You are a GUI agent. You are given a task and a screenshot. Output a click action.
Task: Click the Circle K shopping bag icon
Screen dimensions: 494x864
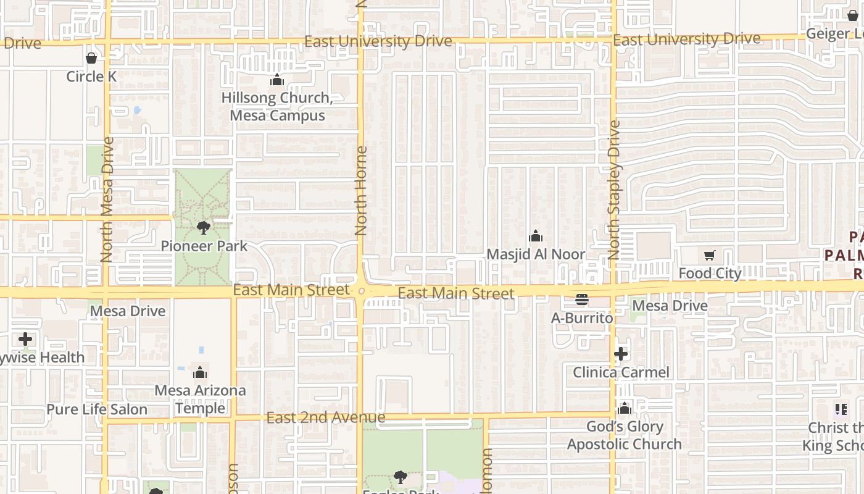tap(91, 58)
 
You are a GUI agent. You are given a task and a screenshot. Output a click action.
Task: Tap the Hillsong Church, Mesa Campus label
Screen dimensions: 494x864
tap(277, 106)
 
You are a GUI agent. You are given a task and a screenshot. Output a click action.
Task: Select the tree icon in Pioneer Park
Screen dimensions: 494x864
tap(203, 228)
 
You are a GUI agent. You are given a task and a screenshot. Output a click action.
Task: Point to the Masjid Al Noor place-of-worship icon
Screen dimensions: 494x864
tap(536, 236)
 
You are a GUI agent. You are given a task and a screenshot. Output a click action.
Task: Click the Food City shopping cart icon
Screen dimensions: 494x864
tap(710, 255)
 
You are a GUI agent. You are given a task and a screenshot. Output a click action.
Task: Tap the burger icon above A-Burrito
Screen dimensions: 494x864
tap(581, 300)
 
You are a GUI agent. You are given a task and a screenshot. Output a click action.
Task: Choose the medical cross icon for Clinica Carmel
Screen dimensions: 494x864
tap(621, 354)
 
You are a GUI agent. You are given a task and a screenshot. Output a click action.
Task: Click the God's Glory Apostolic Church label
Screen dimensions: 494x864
tap(624, 435)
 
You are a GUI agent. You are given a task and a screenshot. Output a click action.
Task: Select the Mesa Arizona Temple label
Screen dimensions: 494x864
tap(200, 399)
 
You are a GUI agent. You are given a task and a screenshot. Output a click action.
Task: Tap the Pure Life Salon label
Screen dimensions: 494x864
tap(97, 409)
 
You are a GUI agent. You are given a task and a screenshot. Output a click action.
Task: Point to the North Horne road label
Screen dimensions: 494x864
tap(362, 190)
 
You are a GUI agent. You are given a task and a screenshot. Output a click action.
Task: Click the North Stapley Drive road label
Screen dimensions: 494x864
tap(613, 189)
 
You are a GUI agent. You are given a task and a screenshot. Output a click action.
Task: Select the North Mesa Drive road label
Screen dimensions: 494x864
tap(107, 199)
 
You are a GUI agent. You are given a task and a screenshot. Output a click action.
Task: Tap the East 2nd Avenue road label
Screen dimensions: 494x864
tap(326, 418)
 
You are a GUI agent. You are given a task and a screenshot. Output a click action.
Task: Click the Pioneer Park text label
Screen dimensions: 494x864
tap(204, 246)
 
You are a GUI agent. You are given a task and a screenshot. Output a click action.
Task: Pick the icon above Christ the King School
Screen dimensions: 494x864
tap(841, 409)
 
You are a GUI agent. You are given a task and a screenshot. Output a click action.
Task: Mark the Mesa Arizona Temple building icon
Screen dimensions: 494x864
tap(199, 372)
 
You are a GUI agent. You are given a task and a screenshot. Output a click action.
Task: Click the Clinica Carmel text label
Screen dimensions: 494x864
tap(621, 372)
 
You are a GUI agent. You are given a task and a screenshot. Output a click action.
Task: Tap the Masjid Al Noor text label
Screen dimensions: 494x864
tap(536, 254)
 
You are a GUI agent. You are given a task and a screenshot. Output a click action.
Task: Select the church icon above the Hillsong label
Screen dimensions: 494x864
tap(277, 80)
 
